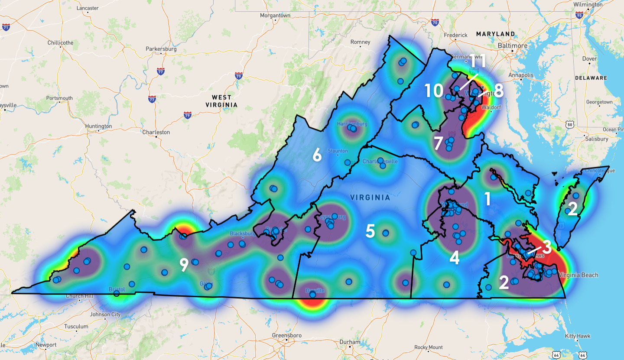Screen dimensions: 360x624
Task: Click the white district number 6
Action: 317,155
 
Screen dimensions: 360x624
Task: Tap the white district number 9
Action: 184,265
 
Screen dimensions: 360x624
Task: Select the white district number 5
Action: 370,231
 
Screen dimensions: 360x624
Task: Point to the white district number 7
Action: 438,142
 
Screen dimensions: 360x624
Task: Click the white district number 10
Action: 434,91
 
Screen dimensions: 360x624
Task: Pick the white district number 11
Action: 478,62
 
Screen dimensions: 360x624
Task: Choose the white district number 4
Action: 454,258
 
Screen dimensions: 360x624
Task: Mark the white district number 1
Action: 487,199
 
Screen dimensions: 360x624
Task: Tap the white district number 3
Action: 547,247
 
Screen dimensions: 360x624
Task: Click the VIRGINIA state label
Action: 370,198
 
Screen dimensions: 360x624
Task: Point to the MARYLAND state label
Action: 495,34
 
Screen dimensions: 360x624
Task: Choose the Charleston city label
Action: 156,132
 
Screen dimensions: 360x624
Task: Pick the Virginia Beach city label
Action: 578,275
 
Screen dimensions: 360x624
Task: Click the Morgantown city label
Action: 275,16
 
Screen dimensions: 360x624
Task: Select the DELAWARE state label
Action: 591,78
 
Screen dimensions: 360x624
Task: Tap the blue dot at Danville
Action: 312,295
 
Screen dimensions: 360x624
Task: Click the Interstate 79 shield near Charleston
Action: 187,115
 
